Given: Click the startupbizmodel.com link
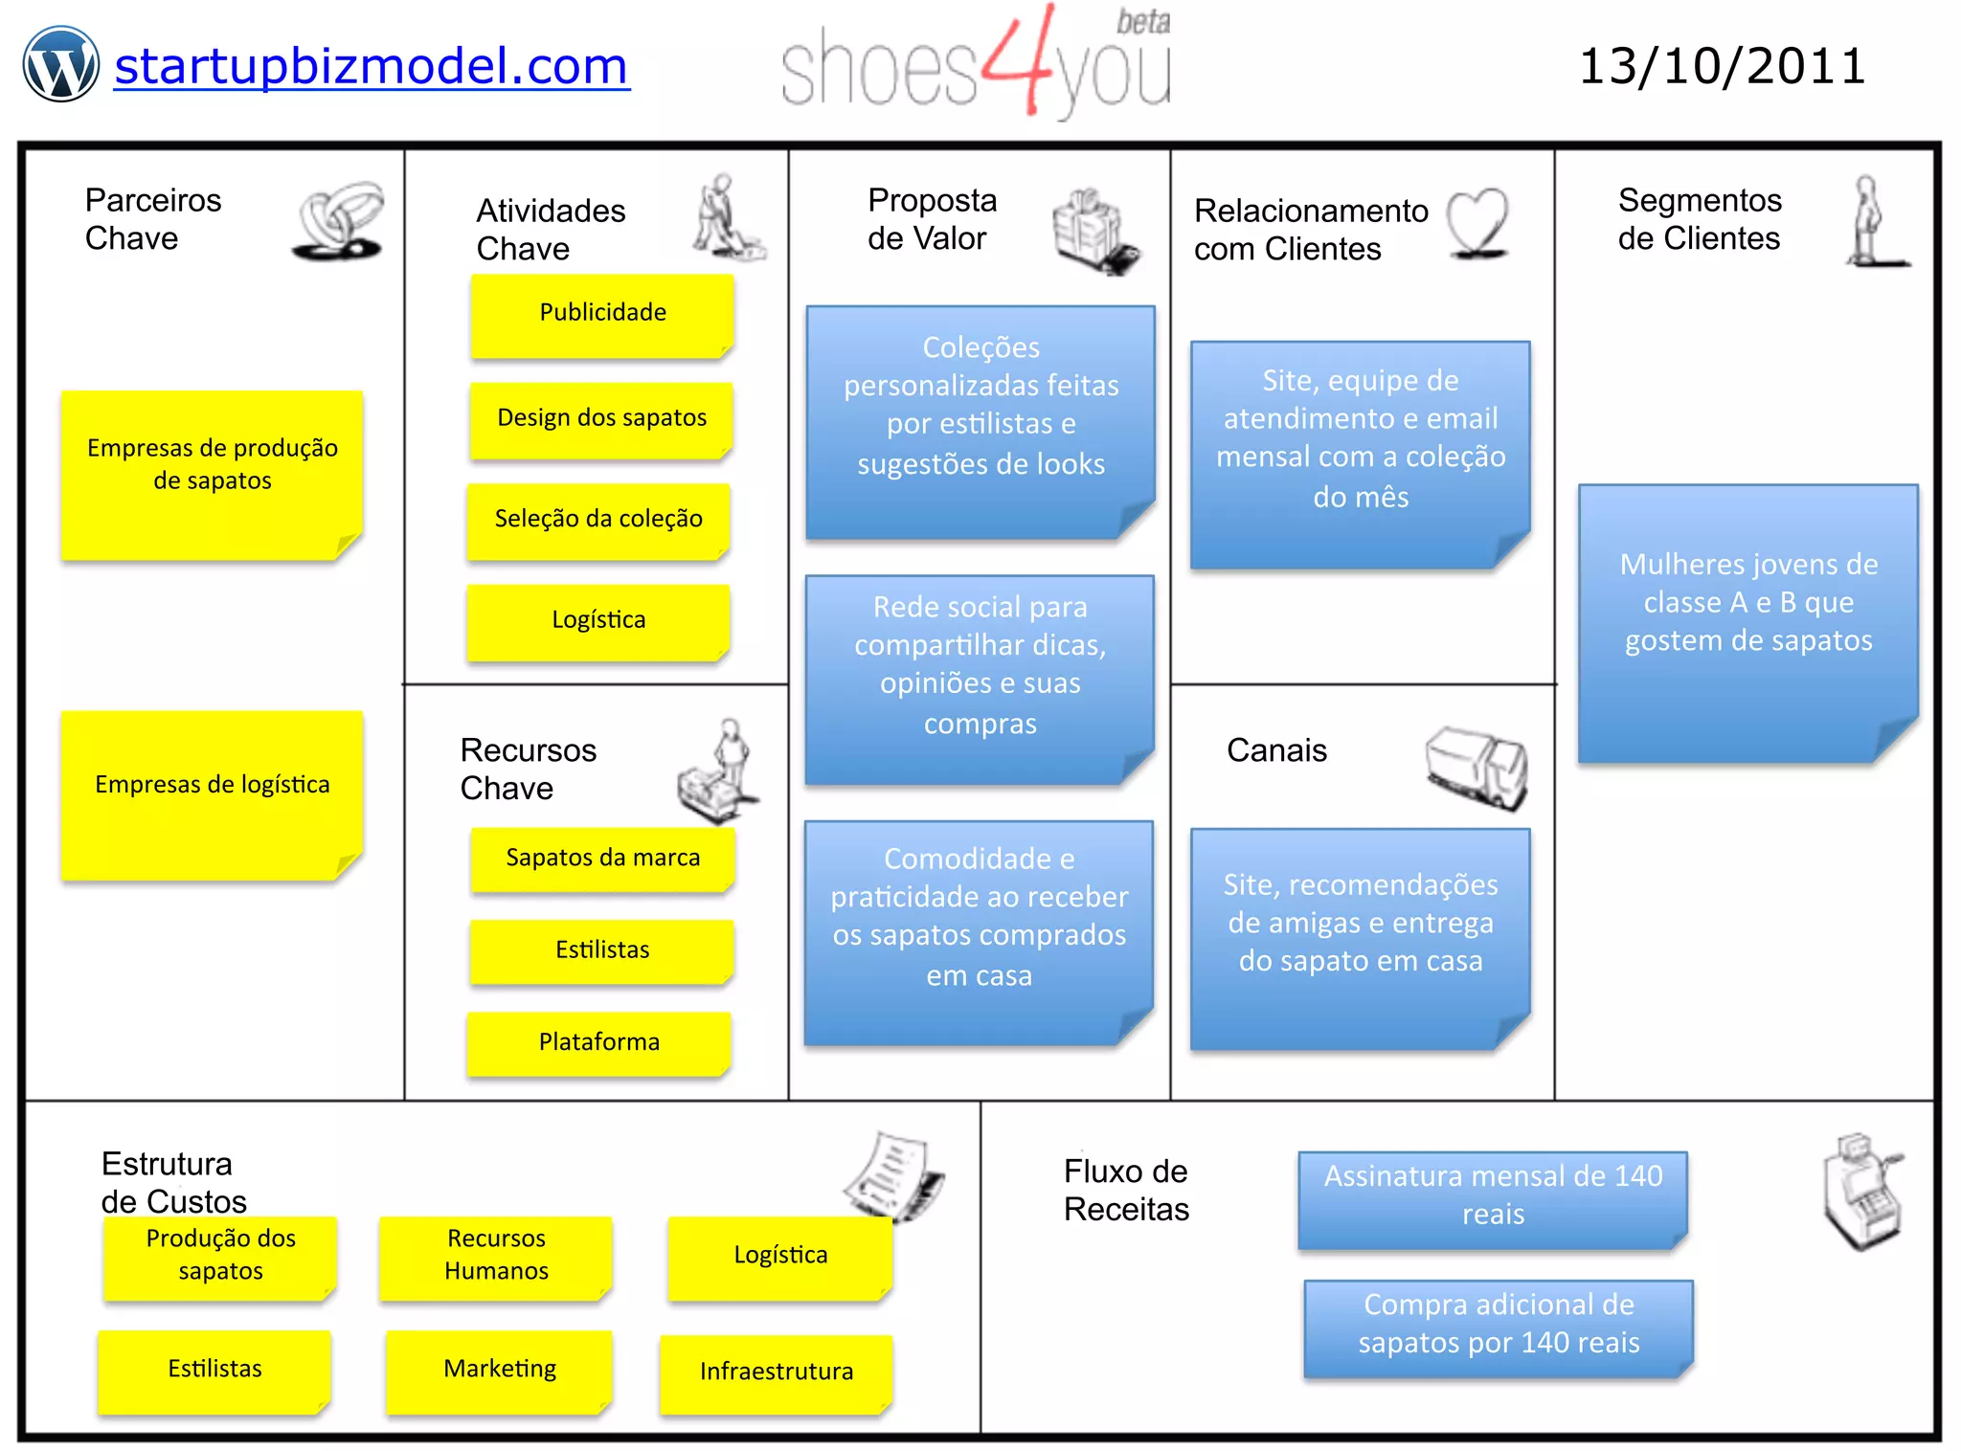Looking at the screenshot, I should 372,67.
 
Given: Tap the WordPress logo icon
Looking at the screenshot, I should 61,64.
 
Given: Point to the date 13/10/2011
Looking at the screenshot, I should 1722,67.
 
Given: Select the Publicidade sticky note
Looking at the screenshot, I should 602,314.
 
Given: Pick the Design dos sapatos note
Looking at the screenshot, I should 601,418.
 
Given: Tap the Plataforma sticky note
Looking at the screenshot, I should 599,1042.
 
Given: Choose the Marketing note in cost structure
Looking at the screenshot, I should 500,1370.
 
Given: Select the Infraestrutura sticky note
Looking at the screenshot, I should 776,1373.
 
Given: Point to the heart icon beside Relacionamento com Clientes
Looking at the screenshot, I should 1477,223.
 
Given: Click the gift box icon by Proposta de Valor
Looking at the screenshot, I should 1093,230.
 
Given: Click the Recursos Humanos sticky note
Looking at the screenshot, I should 496,1256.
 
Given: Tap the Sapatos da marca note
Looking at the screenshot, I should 602,859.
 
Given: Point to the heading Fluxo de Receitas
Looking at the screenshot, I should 1126,1191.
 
